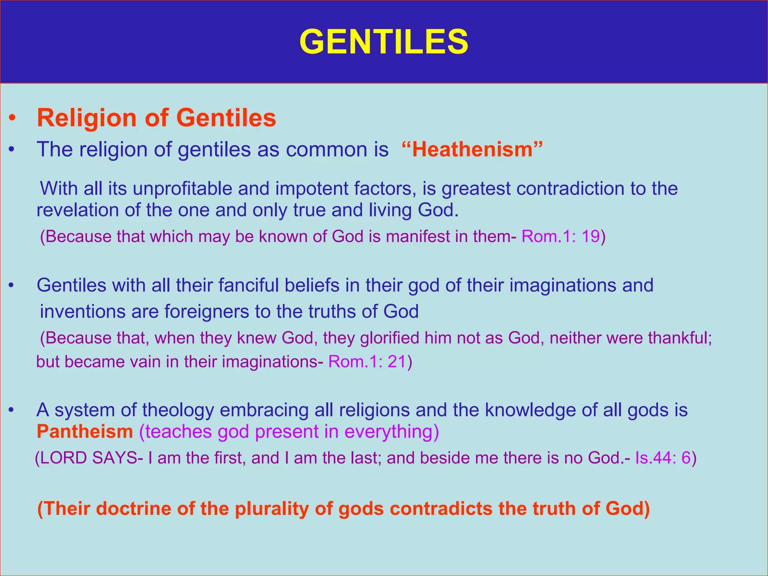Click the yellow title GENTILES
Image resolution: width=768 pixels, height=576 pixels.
384,42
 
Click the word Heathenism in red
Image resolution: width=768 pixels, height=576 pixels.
472,149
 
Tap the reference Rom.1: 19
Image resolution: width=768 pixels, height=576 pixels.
561,237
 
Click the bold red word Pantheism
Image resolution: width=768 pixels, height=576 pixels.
85,432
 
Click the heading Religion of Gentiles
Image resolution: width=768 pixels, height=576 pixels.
156,118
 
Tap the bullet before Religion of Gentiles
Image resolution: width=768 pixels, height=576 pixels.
12,118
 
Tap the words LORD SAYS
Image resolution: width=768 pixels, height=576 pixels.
88,458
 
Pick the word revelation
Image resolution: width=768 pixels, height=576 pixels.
77,210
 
